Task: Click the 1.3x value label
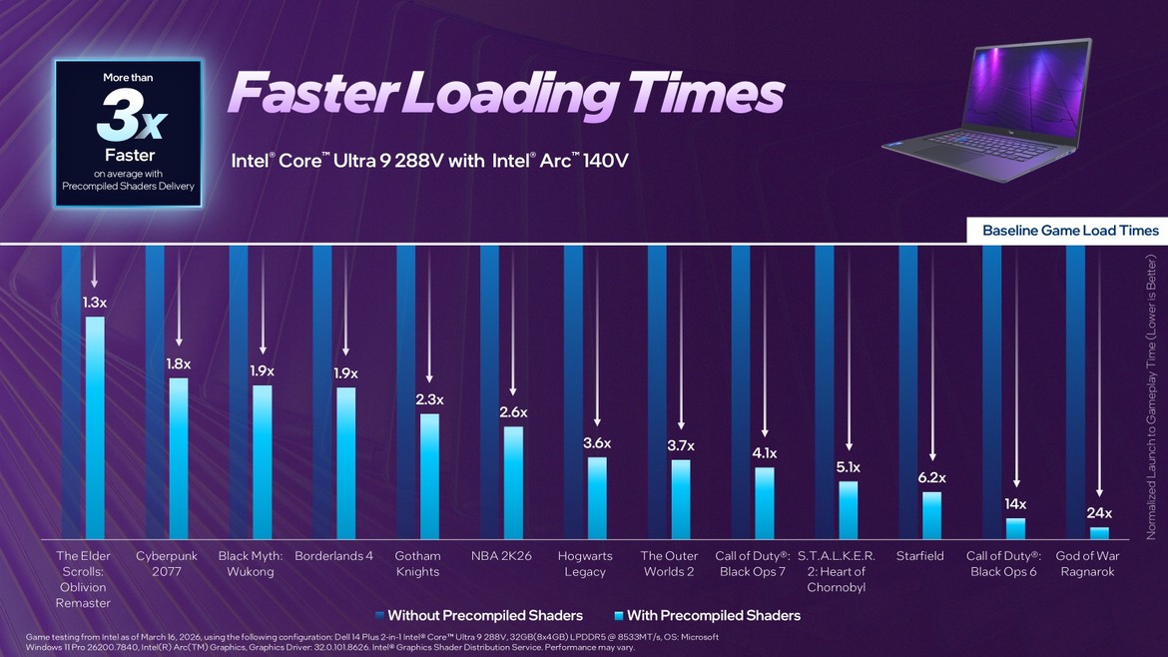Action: pyautogui.click(x=95, y=303)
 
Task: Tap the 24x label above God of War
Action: pyautogui.click(x=1099, y=513)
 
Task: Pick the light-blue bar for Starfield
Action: pyautogui.click(x=931, y=515)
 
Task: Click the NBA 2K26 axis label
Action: pyautogui.click(x=501, y=556)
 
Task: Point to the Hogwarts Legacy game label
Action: pyautogui.click(x=585, y=564)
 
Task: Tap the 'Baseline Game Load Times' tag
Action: pyautogui.click(x=1069, y=231)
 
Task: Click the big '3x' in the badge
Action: pyautogui.click(x=130, y=119)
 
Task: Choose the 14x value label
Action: pyautogui.click(x=1015, y=504)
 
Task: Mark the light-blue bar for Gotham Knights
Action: pyautogui.click(x=429, y=476)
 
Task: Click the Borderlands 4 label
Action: pyautogui.click(x=333, y=556)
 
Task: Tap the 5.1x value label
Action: pyautogui.click(x=848, y=467)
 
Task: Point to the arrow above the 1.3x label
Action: pyautogui.click(x=95, y=270)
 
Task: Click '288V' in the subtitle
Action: pyautogui.click(x=411, y=161)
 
